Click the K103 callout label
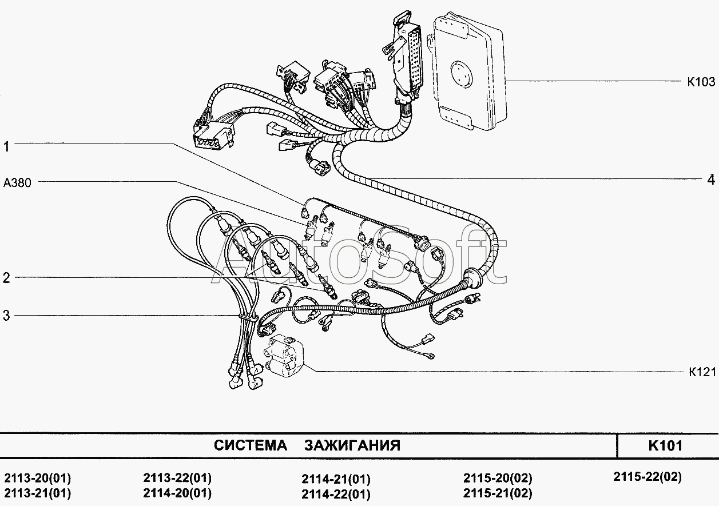pos(701,82)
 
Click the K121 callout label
pos(702,372)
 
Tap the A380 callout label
pos(18,183)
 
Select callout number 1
pos(6,147)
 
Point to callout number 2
pos(6,278)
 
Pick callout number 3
pos(6,316)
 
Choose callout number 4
pos(710,180)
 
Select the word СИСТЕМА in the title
pos(250,445)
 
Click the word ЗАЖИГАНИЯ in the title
pos(352,445)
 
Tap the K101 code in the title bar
pos(665,445)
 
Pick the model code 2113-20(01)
pos(37,479)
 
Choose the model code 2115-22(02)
pos(647,476)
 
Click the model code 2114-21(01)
pos(336,479)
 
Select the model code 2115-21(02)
pos(498,493)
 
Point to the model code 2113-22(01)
pos(177,478)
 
